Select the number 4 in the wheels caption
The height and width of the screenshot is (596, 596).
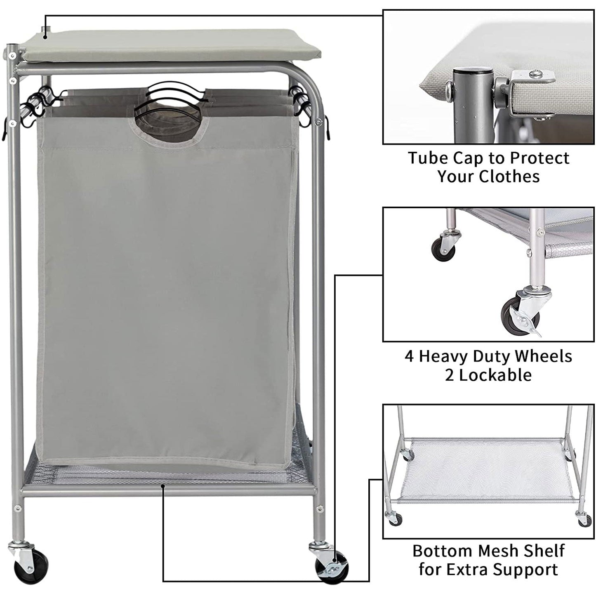[x=409, y=356]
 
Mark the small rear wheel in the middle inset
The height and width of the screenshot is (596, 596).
[x=438, y=250]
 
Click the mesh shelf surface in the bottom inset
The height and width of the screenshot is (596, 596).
[x=487, y=470]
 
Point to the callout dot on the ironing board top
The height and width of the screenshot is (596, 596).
[x=45, y=37]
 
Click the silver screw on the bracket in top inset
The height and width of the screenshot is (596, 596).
[x=535, y=74]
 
